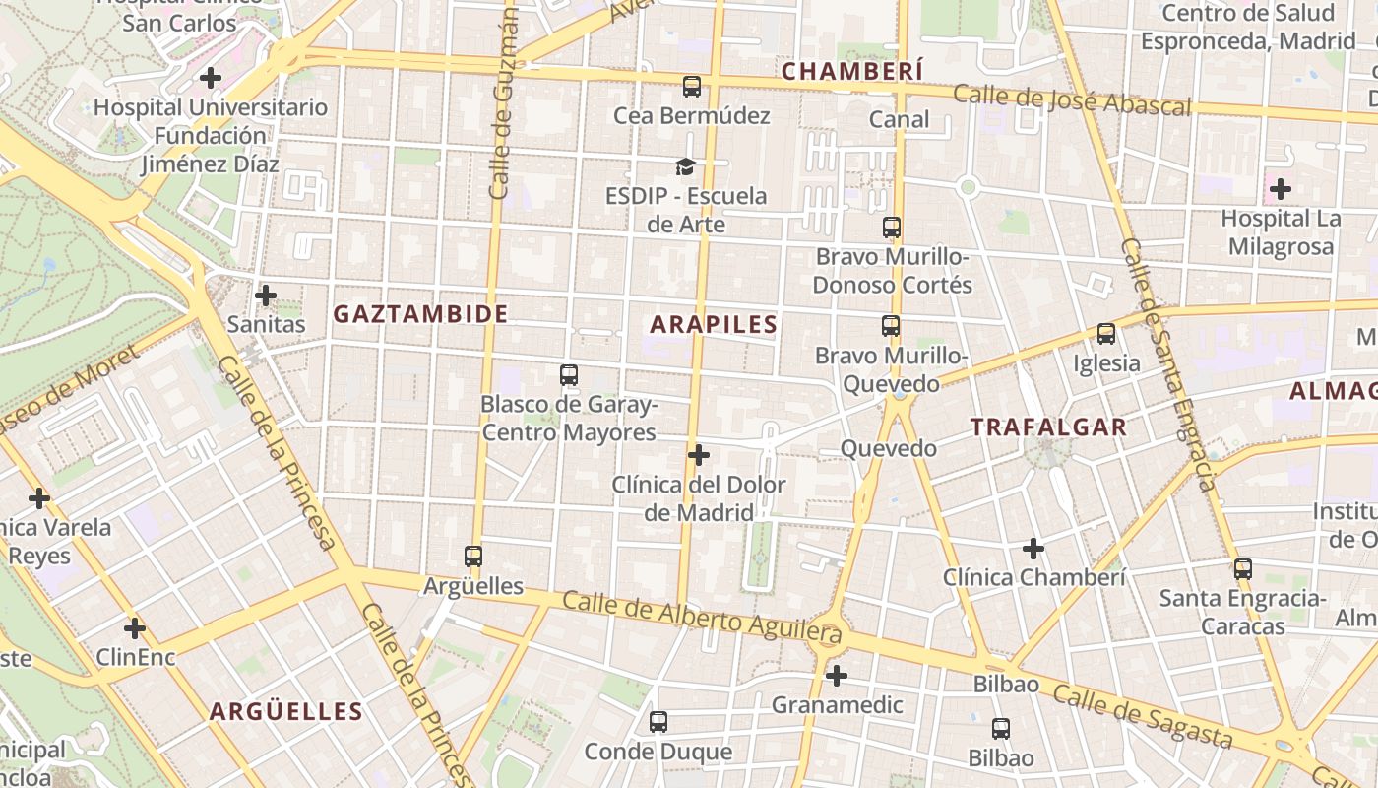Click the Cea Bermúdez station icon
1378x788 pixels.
pyautogui.click(x=692, y=87)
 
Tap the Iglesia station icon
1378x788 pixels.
pyautogui.click(x=1106, y=335)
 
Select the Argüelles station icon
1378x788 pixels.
pyautogui.click(x=473, y=557)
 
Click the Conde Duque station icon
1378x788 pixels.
pyautogui.click(x=658, y=722)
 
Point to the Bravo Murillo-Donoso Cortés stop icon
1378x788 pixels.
pyautogui.click(x=892, y=228)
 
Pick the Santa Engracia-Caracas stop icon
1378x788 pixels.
pyautogui.click(x=1243, y=568)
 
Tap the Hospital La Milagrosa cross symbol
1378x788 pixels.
pyautogui.click(x=1281, y=188)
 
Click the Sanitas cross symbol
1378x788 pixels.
pyautogui.click(x=266, y=295)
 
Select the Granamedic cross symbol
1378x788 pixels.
pyautogui.click(x=837, y=676)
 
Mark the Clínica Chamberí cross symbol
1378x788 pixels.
pyautogui.click(x=1033, y=548)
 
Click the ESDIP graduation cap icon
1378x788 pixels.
pyautogui.click(x=685, y=166)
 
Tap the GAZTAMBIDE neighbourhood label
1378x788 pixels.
pyautogui.click(x=420, y=314)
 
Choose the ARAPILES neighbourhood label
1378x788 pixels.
pyautogui.click(x=714, y=324)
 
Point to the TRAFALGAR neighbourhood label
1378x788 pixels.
pyautogui.click(x=1048, y=427)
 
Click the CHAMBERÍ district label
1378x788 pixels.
pyautogui.click(x=852, y=71)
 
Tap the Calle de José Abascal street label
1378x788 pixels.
pyautogui.click(x=1072, y=99)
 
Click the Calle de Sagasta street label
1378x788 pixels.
pyautogui.click(x=1142, y=716)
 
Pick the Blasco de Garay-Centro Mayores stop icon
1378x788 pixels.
pyautogui.click(x=569, y=374)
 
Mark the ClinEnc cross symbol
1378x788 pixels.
pyautogui.click(x=135, y=627)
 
